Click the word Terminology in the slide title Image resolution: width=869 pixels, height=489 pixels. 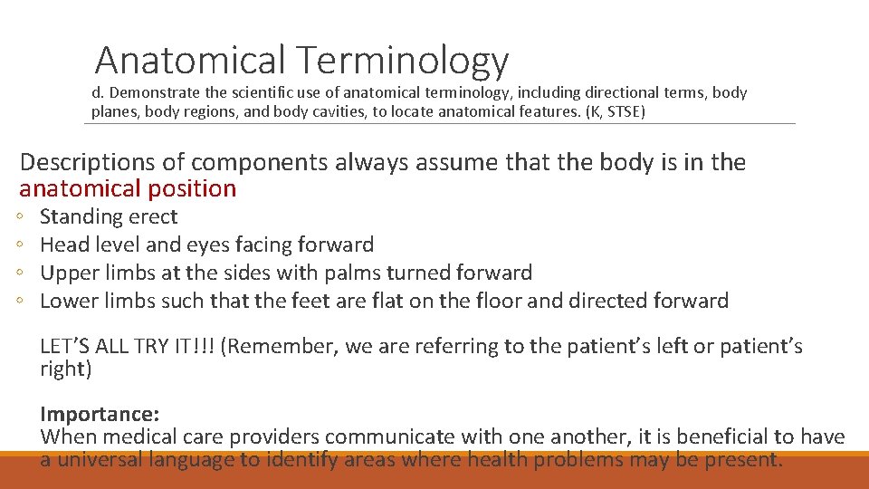[401, 61]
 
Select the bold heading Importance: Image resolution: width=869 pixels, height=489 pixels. [100, 415]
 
